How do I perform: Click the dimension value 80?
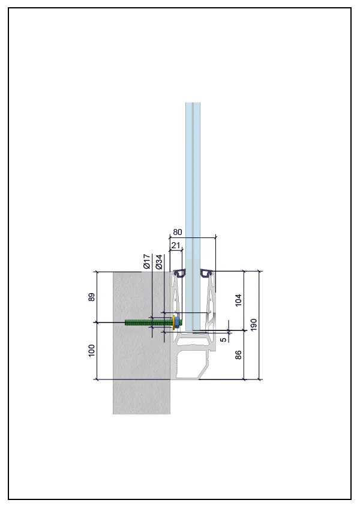(178, 232)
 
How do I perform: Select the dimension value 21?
(175, 245)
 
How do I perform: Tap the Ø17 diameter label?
(147, 261)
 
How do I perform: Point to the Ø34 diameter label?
(158, 262)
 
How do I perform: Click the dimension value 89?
(92, 297)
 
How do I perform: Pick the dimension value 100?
(92, 351)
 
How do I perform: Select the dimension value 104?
(238, 300)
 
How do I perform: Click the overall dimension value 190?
(254, 324)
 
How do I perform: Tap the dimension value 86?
(238, 355)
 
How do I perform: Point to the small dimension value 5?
(224, 340)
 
